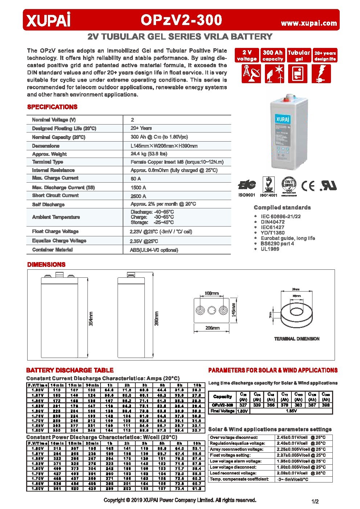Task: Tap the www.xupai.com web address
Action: click(x=309, y=23)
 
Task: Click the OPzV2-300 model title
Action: click(x=181, y=20)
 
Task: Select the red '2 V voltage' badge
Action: click(x=247, y=56)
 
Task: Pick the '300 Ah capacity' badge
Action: click(x=273, y=56)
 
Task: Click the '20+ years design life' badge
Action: click(x=325, y=56)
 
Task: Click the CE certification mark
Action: click(x=308, y=186)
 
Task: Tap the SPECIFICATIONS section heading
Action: click(x=52, y=107)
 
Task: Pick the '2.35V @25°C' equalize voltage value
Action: click(x=144, y=241)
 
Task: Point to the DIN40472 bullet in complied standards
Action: click(x=272, y=222)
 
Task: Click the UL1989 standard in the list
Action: click(x=270, y=249)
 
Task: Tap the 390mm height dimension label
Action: click(x=157, y=318)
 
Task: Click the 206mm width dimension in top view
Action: click(x=212, y=328)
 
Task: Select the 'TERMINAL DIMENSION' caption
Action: click(x=296, y=339)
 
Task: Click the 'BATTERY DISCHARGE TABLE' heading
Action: click(x=70, y=370)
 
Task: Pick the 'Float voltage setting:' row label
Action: click(x=230, y=455)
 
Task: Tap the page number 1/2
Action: click(x=315, y=502)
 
